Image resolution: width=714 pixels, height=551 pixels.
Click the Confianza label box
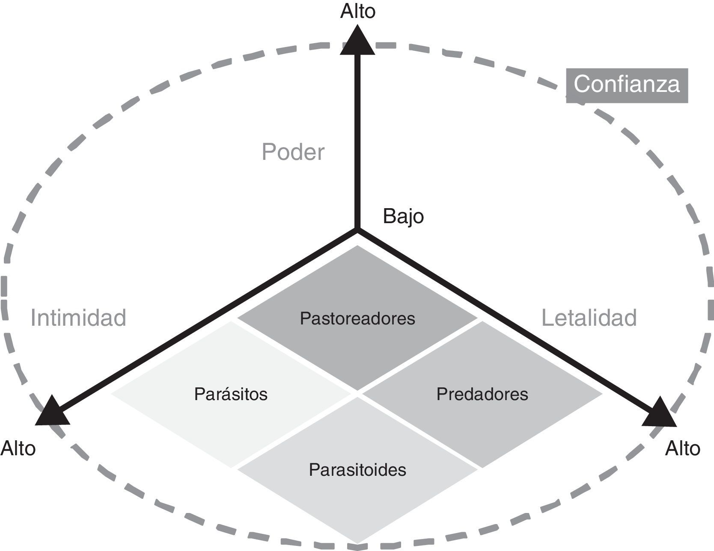(627, 85)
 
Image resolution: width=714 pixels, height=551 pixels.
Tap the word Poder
(293, 152)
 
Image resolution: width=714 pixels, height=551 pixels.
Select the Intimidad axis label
(78, 318)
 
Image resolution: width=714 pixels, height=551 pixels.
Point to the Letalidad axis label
(589, 318)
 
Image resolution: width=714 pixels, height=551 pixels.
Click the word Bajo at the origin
(403, 216)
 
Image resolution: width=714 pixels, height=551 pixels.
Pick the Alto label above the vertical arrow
(358, 11)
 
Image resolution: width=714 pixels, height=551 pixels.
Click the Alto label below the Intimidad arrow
(18, 448)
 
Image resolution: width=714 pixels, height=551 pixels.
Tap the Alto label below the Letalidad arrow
(682, 448)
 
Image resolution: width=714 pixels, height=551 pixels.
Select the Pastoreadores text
(357, 318)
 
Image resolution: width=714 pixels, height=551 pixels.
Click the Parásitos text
(231, 394)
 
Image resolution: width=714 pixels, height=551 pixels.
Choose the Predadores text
(482, 394)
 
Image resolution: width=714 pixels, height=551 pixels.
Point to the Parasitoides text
(357, 470)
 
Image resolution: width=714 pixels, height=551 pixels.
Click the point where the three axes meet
(357, 230)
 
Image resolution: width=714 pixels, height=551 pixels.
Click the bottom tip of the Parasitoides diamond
(357, 543)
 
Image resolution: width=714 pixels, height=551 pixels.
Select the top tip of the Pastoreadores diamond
(357, 246)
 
